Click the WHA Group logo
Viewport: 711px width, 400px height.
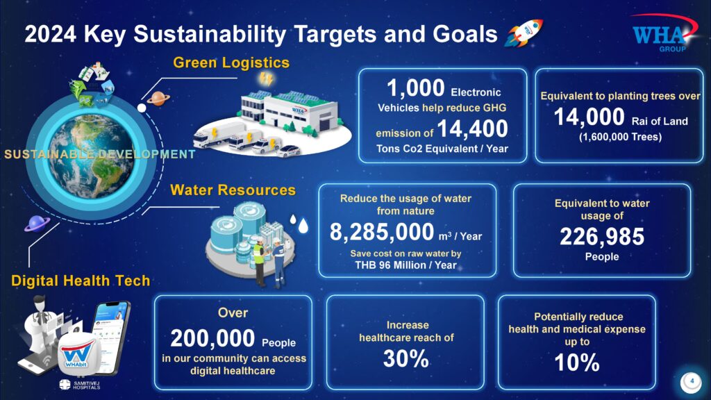click(664, 33)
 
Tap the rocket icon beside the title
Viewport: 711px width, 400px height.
click(524, 33)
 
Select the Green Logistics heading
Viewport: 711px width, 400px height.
click(231, 62)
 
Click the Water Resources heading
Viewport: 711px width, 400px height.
click(233, 190)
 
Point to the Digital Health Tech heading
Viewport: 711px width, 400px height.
click(81, 281)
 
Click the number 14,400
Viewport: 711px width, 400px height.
click(472, 128)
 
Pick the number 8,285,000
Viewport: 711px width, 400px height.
click(382, 232)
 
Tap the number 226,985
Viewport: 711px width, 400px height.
click(602, 236)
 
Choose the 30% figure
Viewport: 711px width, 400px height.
click(405, 359)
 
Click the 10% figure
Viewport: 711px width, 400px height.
click(577, 362)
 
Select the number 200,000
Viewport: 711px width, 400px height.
click(212, 338)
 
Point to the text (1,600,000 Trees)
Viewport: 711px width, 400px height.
click(620, 137)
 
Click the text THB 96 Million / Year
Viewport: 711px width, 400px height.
click(405, 265)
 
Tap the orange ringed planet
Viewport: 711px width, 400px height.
click(158, 98)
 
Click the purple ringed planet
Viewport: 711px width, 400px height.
click(37, 224)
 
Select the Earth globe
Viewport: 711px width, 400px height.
click(92, 156)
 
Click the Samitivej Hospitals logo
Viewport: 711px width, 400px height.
click(79, 385)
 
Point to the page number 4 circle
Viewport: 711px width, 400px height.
click(691, 382)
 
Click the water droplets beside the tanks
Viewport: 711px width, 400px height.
click(299, 224)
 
